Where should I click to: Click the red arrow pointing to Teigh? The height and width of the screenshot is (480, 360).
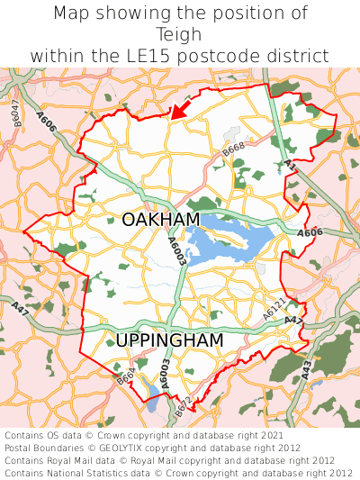click(180, 110)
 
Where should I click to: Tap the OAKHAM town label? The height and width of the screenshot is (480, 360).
click(160, 221)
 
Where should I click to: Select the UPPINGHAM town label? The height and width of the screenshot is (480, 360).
click(168, 340)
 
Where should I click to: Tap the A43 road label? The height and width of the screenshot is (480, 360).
click(307, 368)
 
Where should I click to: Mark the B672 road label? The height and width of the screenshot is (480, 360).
click(183, 407)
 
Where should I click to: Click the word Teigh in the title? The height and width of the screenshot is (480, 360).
click(180, 34)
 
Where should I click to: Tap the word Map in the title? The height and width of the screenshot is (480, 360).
click(73, 14)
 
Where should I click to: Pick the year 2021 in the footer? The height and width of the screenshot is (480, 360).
click(272, 434)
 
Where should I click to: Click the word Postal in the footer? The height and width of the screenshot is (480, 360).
click(20, 447)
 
